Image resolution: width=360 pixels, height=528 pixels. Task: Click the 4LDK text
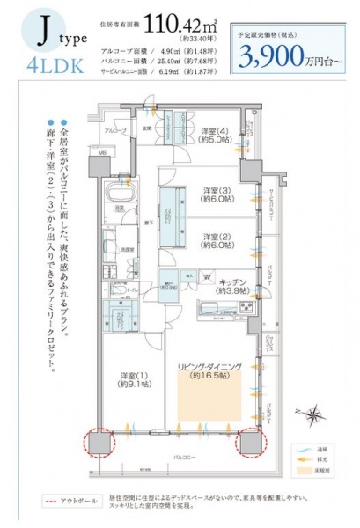pos(43,65)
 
